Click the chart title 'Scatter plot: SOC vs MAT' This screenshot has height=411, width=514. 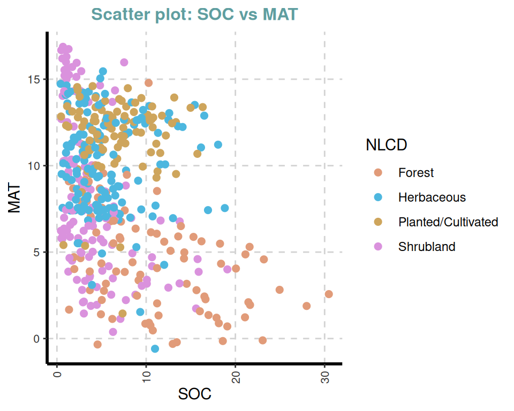tap(194, 14)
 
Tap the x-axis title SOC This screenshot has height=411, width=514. tap(194, 394)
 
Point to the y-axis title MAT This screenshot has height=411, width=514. tap(15, 199)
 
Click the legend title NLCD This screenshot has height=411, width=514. tap(386, 144)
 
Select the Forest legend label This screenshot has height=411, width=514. tap(416, 173)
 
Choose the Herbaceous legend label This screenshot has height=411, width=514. tap(432, 197)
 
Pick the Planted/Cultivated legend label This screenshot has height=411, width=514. tap(448, 222)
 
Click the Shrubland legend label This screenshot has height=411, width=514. tap(427, 247)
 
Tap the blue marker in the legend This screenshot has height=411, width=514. tap(379, 197)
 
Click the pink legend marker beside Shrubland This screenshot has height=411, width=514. tap(379, 247)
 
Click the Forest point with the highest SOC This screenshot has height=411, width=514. tap(329, 294)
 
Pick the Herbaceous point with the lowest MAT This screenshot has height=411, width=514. tap(155, 349)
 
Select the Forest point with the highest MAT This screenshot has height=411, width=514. tap(149, 82)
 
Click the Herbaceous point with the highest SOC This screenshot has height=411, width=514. tap(225, 208)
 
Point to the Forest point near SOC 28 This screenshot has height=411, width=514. tap(307, 306)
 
